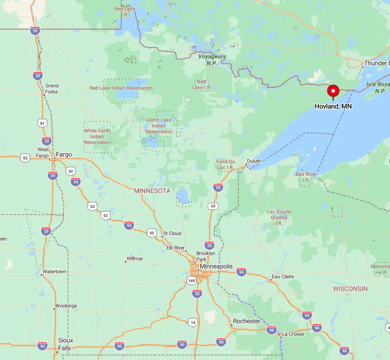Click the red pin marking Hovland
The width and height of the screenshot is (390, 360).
333,91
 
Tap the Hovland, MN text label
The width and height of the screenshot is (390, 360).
333,106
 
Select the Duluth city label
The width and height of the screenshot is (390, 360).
254,161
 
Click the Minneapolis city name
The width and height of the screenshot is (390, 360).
216,266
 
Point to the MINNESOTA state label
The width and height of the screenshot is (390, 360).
152,191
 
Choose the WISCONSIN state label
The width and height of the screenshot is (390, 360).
350,288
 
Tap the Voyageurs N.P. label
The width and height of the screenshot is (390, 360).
212,60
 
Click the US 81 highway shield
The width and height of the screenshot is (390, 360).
42,123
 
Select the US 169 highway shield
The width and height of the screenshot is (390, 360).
191,281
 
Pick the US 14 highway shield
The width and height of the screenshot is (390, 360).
193,322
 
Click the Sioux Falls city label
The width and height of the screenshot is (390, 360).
65,344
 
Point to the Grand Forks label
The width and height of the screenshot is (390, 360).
51,89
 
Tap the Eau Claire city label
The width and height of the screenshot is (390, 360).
283,277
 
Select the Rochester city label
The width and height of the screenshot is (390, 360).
246,321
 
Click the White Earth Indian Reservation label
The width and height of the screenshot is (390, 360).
97,137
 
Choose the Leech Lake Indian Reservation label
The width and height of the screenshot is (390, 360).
159,126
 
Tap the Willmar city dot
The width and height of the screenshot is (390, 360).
126,262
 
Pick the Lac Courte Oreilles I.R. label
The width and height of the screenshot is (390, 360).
279,217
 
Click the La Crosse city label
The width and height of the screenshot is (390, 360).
293,334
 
